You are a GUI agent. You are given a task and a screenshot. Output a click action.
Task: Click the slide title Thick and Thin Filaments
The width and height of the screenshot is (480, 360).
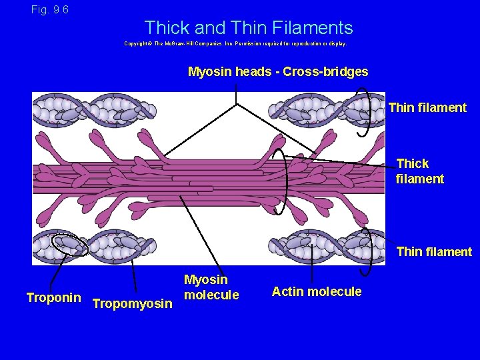point(248,28)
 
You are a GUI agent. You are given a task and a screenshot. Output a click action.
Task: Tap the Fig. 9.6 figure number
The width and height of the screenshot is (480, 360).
point(49,10)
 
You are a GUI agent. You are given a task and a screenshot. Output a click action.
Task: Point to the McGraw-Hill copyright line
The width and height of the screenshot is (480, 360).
point(235,43)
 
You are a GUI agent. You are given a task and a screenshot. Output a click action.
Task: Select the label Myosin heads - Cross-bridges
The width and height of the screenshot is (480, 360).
point(277,71)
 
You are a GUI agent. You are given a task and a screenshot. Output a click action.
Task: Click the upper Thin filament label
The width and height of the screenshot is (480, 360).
point(427,107)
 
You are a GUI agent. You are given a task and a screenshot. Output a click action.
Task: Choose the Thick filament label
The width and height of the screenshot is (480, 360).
point(420,171)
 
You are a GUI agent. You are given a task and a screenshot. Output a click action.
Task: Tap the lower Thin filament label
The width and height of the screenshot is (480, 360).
point(434,251)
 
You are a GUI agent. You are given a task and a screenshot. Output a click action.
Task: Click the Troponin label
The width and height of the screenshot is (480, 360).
point(53,297)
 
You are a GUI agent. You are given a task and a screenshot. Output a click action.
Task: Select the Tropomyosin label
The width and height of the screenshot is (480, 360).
point(133,304)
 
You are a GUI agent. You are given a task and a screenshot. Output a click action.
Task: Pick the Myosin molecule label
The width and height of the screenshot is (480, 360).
point(211,287)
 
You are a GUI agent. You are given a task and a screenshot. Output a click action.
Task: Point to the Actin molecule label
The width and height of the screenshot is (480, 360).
point(317,291)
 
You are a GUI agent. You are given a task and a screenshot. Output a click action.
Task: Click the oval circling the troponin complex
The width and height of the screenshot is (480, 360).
point(70,245)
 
